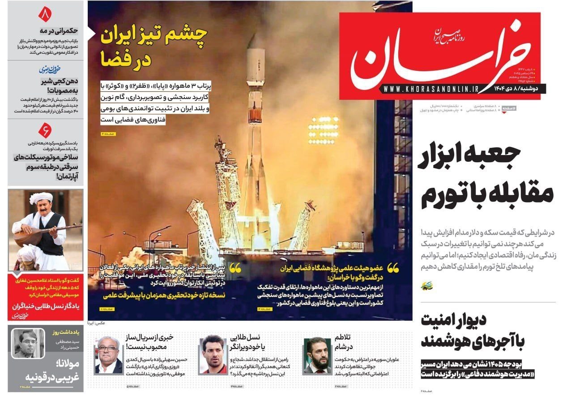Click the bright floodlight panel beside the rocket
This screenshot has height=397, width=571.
point(323,130)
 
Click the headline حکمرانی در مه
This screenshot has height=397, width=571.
point(59,30)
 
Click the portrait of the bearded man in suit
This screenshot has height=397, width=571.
point(317,356)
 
